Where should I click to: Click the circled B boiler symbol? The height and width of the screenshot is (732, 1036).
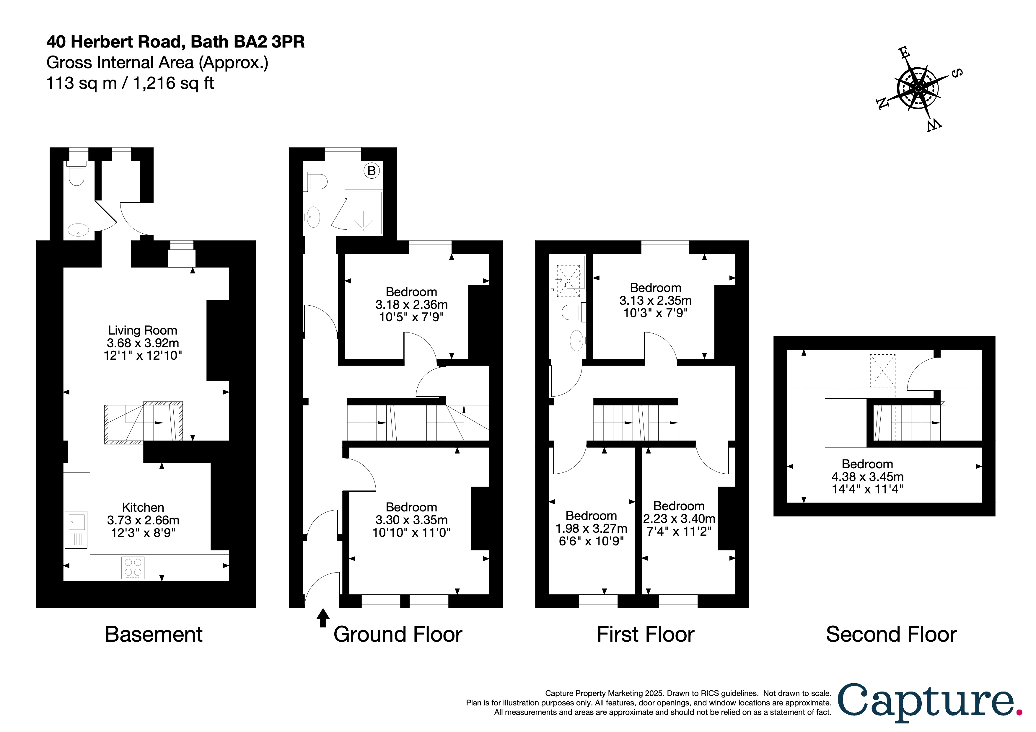click(371, 171)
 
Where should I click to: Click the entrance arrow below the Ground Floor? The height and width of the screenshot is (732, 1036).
click(322, 618)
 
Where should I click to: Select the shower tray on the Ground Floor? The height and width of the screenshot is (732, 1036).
click(364, 212)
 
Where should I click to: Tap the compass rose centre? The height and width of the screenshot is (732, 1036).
click(918, 88)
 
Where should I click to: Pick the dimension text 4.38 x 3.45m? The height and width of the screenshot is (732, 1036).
click(867, 477)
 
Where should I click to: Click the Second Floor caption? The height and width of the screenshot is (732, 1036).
click(891, 635)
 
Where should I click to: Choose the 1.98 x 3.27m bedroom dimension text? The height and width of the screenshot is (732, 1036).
click(591, 528)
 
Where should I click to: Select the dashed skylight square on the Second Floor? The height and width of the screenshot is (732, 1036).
click(882, 371)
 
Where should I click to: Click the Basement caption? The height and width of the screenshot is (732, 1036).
click(153, 635)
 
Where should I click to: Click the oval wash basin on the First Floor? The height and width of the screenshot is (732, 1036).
click(577, 340)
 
